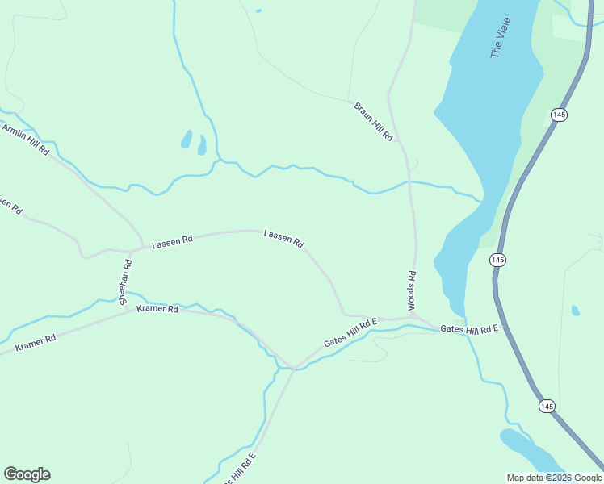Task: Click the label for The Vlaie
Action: pos(502,39)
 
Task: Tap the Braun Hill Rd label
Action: pos(373,122)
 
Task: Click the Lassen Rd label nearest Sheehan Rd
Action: pos(173,240)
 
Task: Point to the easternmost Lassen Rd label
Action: pos(283,238)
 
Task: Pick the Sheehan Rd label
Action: pos(126,282)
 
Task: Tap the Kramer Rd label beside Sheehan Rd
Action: pos(157,309)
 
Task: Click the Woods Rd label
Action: pos(412,290)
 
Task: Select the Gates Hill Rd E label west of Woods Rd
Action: pos(351,333)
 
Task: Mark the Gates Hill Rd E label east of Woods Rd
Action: pos(470,330)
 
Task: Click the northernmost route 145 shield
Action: pos(559,115)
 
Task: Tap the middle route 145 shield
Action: pos(497,260)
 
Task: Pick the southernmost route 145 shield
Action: pos(547,406)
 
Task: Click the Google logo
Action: pos(27,474)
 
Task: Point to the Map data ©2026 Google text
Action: pos(554,478)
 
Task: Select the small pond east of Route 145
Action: pos(575,311)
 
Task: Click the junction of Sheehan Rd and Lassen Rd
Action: pos(132,250)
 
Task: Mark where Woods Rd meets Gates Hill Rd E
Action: pos(411,319)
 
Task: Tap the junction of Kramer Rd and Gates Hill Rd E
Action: pos(294,368)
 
